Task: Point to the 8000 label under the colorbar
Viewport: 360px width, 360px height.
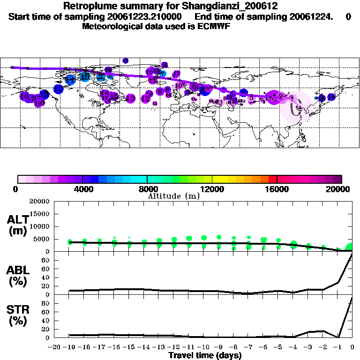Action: click(147, 189)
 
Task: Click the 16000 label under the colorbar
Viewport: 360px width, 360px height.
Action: click(277, 189)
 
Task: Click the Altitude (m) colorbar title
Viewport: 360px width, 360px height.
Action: click(173, 196)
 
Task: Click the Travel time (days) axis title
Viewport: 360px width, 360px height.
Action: click(205, 356)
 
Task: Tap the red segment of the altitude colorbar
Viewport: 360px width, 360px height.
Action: click(272, 179)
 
